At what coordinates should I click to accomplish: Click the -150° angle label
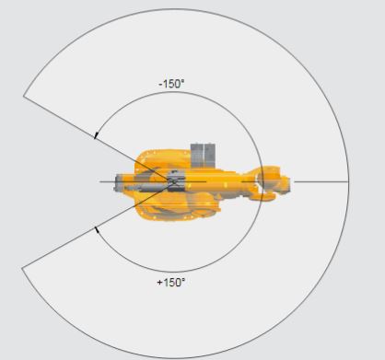(x=172, y=84)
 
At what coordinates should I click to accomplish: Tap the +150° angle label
(x=171, y=283)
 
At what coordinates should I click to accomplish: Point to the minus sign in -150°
(x=160, y=85)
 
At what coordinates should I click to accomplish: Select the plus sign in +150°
(x=159, y=283)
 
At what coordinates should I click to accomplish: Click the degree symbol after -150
(x=183, y=81)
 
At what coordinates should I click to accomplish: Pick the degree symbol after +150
(x=183, y=280)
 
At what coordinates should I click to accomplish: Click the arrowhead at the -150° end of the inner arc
(x=96, y=135)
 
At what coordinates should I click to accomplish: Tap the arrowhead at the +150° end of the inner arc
(x=97, y=229)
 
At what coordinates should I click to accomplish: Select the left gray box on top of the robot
(x=197, y=156)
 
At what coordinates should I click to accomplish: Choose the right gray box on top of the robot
(x=210, y=156)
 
